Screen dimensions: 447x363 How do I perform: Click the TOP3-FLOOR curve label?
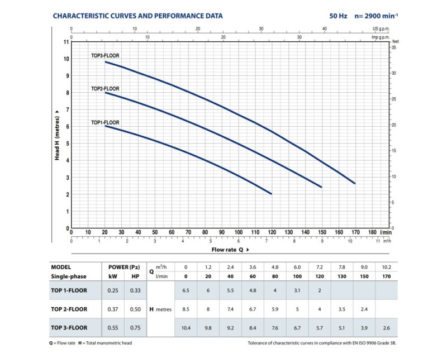[105, 55]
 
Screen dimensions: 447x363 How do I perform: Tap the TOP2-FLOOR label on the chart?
[105, 89]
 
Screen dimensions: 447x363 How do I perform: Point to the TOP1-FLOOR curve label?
[105, 122]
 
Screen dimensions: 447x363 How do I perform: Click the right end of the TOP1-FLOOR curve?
[272, 194]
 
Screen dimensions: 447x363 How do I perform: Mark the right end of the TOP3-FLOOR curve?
[355, 184]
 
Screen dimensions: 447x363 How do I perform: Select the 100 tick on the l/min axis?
[239, 232]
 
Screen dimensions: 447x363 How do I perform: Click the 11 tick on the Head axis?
[66, 42]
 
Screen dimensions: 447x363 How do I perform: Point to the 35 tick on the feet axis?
[394, 47]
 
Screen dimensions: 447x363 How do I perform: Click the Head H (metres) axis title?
[57, 138]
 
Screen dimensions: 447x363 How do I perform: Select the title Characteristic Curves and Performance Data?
[137, 16]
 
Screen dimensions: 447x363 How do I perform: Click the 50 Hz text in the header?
[338, 16]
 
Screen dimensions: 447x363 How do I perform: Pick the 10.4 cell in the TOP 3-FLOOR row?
[186, 328]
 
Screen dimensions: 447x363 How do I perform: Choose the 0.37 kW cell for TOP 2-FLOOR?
[113, 309]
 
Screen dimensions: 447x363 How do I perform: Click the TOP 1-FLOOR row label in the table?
[69, 290]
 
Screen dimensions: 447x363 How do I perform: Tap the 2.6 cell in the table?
[386, 328]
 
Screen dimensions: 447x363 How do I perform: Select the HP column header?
[135, 276]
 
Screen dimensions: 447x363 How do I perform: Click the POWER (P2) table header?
[124, 268]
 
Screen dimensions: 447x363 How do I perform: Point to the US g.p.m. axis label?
[381, 29]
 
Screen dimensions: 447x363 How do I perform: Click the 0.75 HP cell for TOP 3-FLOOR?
[135, 328]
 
